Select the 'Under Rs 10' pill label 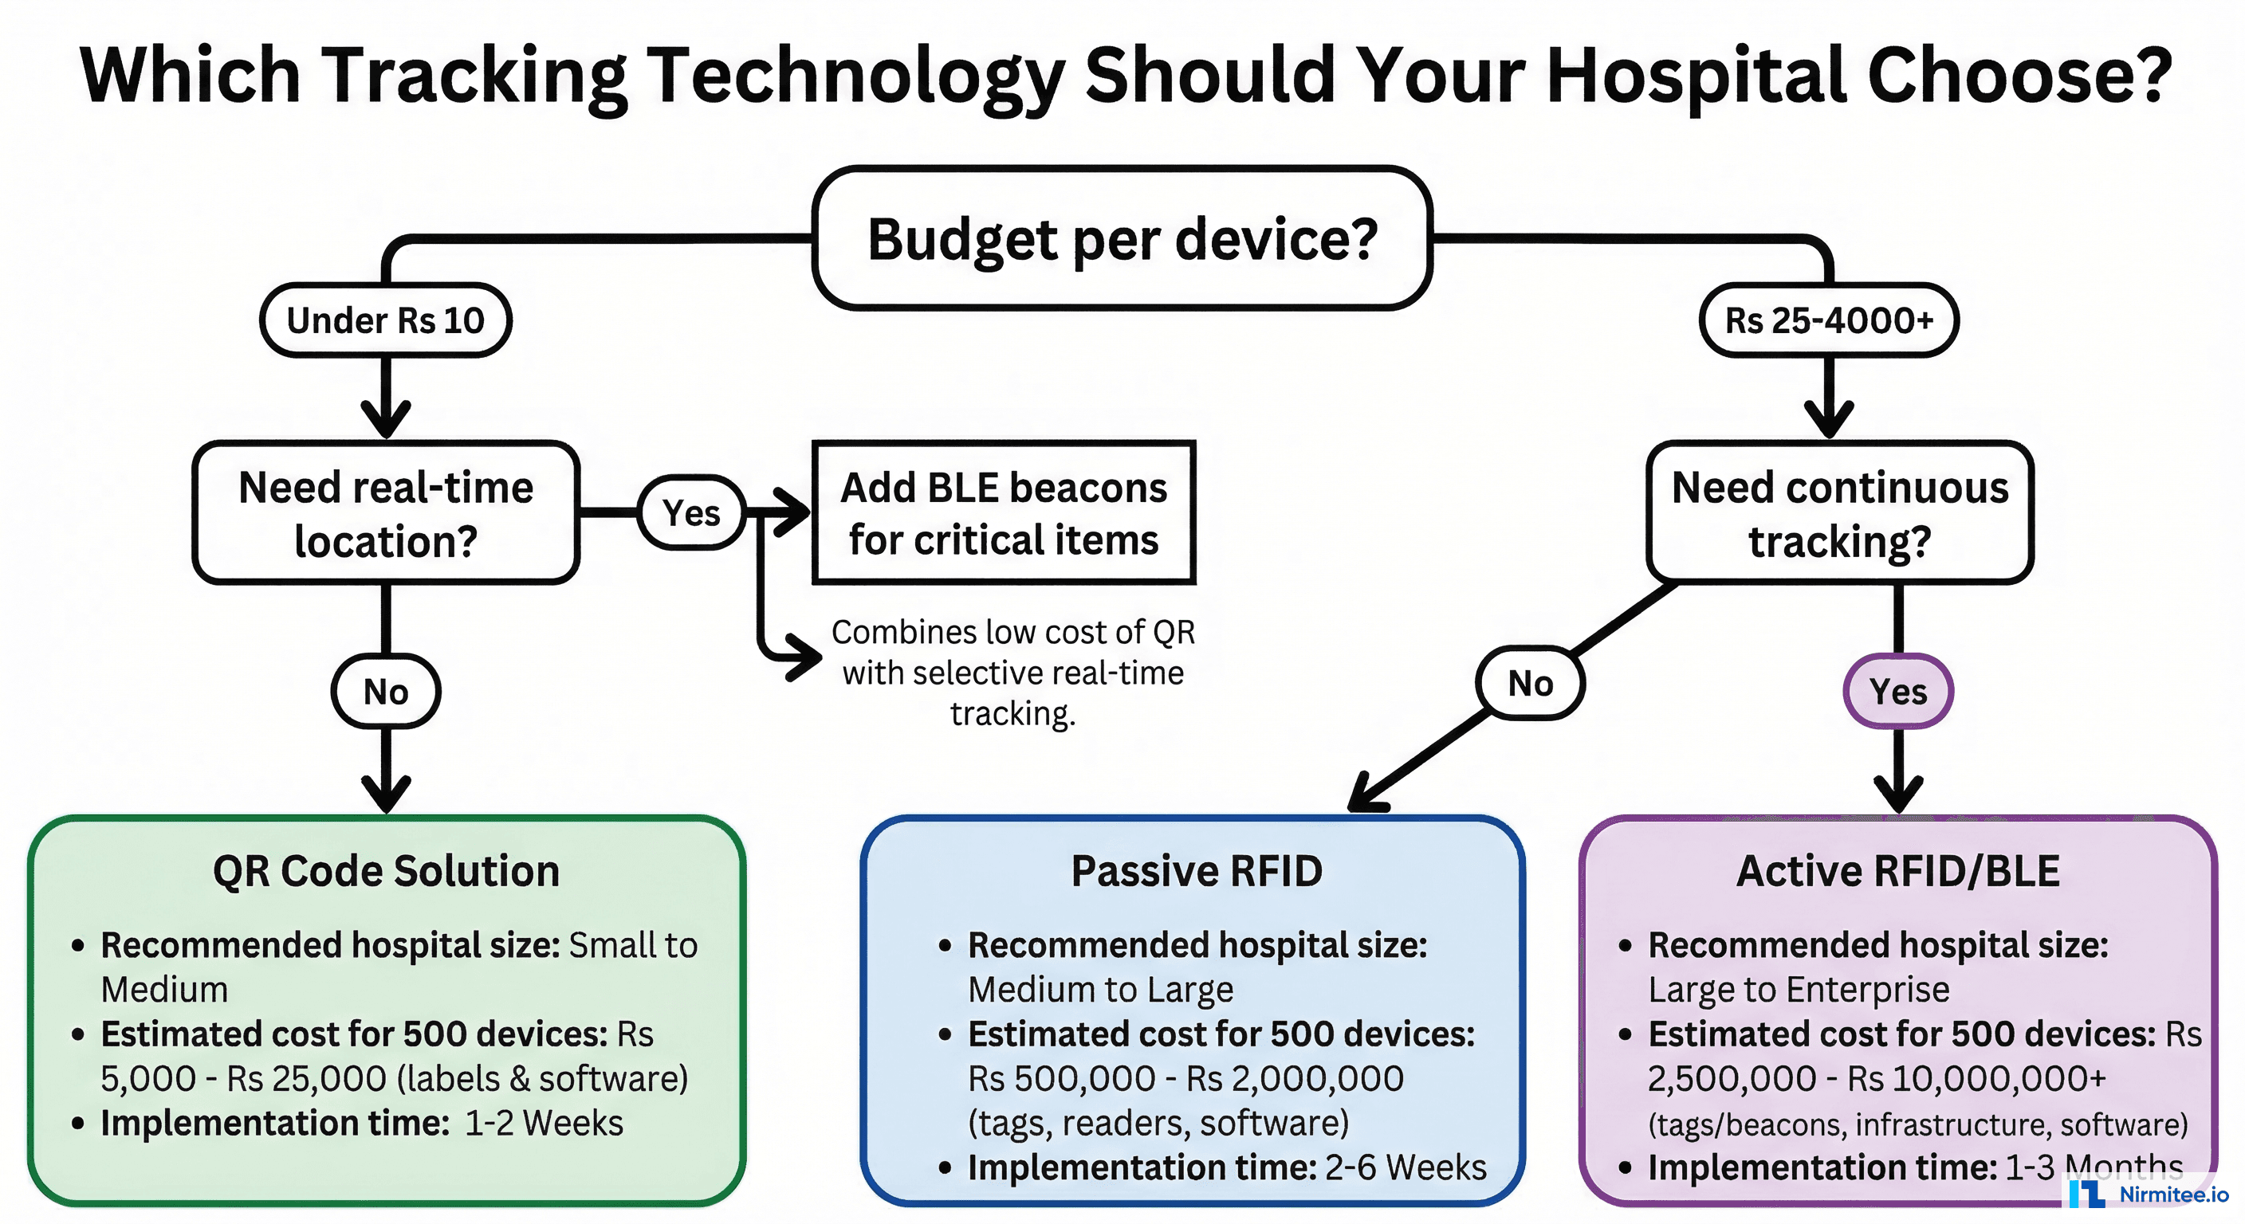(x=385, y=320)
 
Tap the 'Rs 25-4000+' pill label (x=1828, y=320)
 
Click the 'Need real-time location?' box (x=385, y=513)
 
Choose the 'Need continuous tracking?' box (x=1839, y=513)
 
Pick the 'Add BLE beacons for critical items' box (x=1003, y=513)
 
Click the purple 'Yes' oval (x=1898, y=692)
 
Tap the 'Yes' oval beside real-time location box (x=691, y=513)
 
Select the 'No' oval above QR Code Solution (x=385, y=692)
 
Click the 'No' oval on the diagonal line (x=1531, y=683)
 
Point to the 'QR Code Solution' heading (x=385, y=871)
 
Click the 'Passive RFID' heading (x=1196, y=871)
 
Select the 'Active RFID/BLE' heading (x=1898, y=871)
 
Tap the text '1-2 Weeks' (x=544, y=1123)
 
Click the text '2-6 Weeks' (x=1405, y=1167)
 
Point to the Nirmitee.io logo (x=2149, y=1194)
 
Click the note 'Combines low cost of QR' (x=1012, y=633)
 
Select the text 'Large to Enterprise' (x=1798, y=990)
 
